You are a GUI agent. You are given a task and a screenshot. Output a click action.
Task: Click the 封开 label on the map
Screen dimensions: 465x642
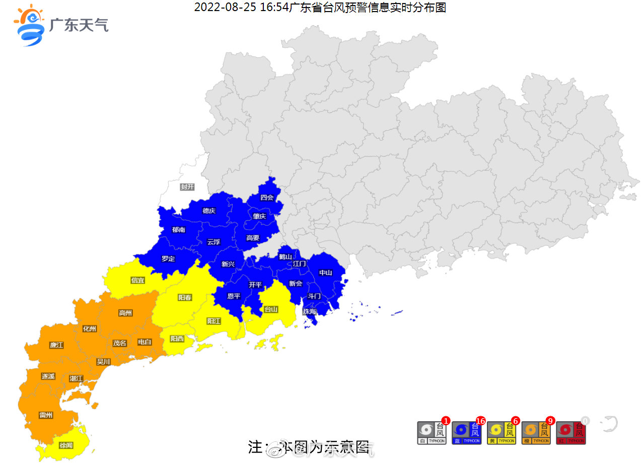coord(187,187)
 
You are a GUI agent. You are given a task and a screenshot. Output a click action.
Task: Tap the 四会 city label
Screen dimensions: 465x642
coord(267,198)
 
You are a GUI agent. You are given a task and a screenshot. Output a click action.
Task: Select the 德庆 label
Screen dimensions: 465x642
coord(209,211)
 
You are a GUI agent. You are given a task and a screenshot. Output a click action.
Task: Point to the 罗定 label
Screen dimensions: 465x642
coord(168,259)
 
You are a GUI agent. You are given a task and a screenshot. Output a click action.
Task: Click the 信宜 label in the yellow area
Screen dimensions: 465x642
coord(137,280)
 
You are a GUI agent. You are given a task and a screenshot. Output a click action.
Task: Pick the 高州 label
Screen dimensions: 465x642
coord(125,313)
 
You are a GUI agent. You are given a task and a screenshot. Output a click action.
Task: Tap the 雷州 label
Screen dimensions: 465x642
coord(46,415)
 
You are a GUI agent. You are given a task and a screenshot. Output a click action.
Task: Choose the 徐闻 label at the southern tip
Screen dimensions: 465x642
coord(66,445)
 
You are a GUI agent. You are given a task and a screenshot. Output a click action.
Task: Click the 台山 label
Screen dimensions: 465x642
coord(271,309)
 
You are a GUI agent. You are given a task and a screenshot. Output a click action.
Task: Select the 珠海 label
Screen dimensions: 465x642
coord(309,312)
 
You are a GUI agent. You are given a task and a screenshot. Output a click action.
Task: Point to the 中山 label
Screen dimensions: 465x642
coord(326,273)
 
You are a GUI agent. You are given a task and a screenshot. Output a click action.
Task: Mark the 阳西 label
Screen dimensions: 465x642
coord(177,339)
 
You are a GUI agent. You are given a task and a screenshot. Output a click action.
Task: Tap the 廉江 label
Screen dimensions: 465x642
coord(56,345)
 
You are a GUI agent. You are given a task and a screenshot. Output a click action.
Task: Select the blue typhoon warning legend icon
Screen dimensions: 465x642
coord(467,433)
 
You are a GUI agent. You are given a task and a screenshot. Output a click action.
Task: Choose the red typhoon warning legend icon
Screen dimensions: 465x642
coord(570,433)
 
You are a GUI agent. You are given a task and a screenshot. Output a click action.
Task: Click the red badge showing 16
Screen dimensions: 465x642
coord(480,421)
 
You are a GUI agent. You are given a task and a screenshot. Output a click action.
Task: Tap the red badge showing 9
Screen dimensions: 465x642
coord(550,421)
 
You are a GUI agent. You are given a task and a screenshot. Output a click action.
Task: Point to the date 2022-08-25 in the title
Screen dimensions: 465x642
coord(226,8)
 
